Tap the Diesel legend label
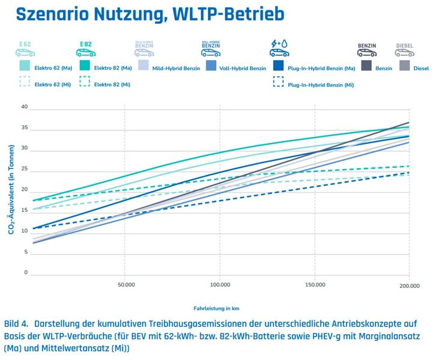coord(421,68)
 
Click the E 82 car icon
coord(86,49)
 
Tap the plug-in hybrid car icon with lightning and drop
coord(281,48)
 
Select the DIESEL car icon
coord(404,49)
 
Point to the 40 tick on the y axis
coord(25,107)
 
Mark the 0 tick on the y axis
coord(26,273)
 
